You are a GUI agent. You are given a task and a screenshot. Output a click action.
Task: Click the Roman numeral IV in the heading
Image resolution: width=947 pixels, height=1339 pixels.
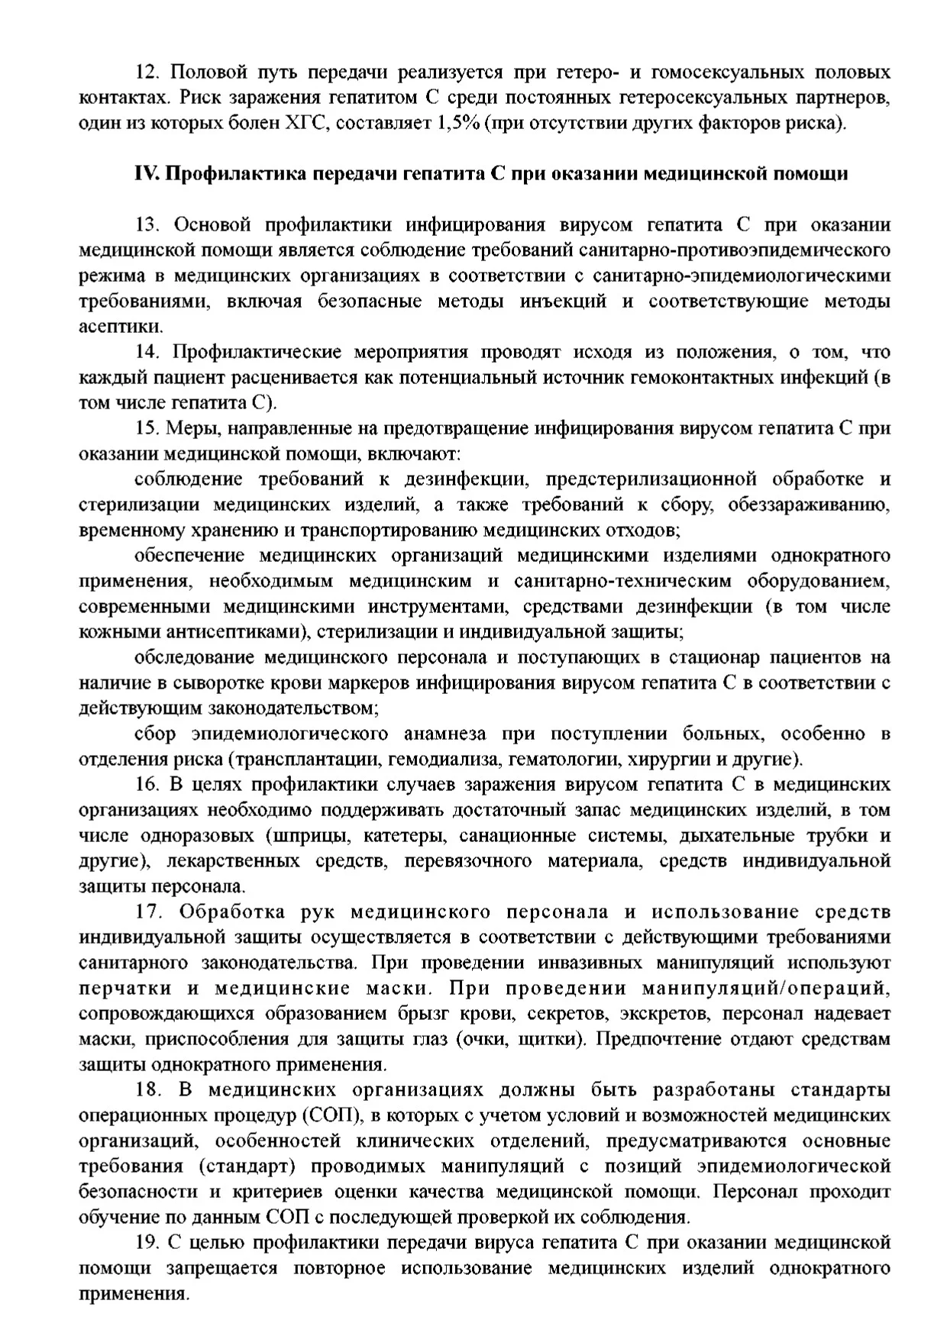146,174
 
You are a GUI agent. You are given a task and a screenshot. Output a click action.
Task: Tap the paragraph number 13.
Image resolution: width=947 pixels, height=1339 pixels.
149,225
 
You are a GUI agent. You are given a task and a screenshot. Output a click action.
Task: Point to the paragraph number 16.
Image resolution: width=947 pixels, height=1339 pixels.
149,785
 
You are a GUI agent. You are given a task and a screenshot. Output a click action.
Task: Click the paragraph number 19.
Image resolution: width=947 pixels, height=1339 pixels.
149,1243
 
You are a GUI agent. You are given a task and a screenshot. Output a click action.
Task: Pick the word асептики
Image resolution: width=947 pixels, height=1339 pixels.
121,327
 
